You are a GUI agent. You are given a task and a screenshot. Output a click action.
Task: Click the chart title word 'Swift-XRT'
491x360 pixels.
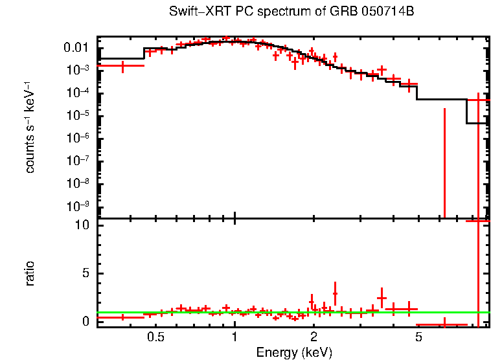tap(192, 12)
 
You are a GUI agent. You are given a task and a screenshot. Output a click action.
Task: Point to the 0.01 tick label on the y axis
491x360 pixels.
tap(76, 48)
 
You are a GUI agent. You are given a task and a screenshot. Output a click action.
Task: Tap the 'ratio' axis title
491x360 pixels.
tap(30, 273)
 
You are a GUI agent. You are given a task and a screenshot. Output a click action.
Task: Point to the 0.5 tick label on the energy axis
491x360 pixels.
tap(155, 337)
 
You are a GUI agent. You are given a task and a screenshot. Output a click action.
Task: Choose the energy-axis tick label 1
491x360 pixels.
tap(234, 337)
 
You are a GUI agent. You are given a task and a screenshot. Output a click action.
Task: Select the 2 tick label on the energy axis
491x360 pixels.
tap(314, 337)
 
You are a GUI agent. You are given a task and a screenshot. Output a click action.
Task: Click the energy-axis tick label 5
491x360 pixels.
tap(418, 337)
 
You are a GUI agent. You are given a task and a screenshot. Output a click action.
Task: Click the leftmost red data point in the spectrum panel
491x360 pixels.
tap(122, 65)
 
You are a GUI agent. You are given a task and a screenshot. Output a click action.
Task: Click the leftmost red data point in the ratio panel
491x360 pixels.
tap(122, 317)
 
